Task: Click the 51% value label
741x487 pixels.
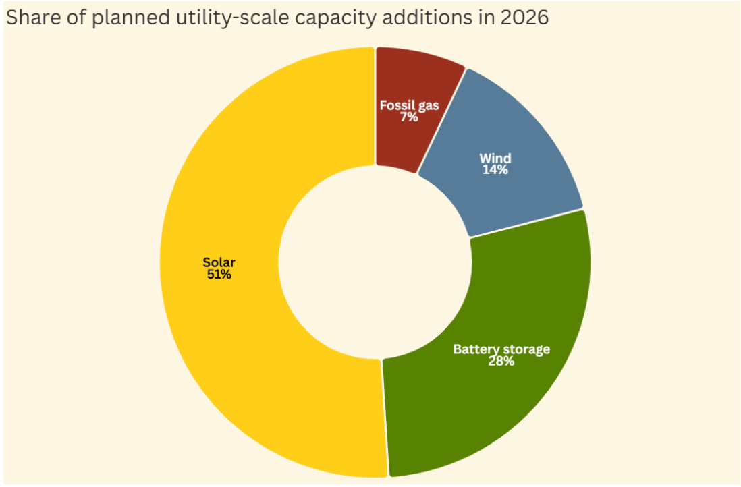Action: tap(219, 275)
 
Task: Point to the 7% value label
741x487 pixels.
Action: tap(409, 117)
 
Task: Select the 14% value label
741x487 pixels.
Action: tap(495, 170)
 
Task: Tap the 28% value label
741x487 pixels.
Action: tap(501, 361)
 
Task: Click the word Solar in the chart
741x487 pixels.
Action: tap(219, 262)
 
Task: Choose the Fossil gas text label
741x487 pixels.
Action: tap(409, 105)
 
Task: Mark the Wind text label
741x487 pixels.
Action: tap(495, 159)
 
